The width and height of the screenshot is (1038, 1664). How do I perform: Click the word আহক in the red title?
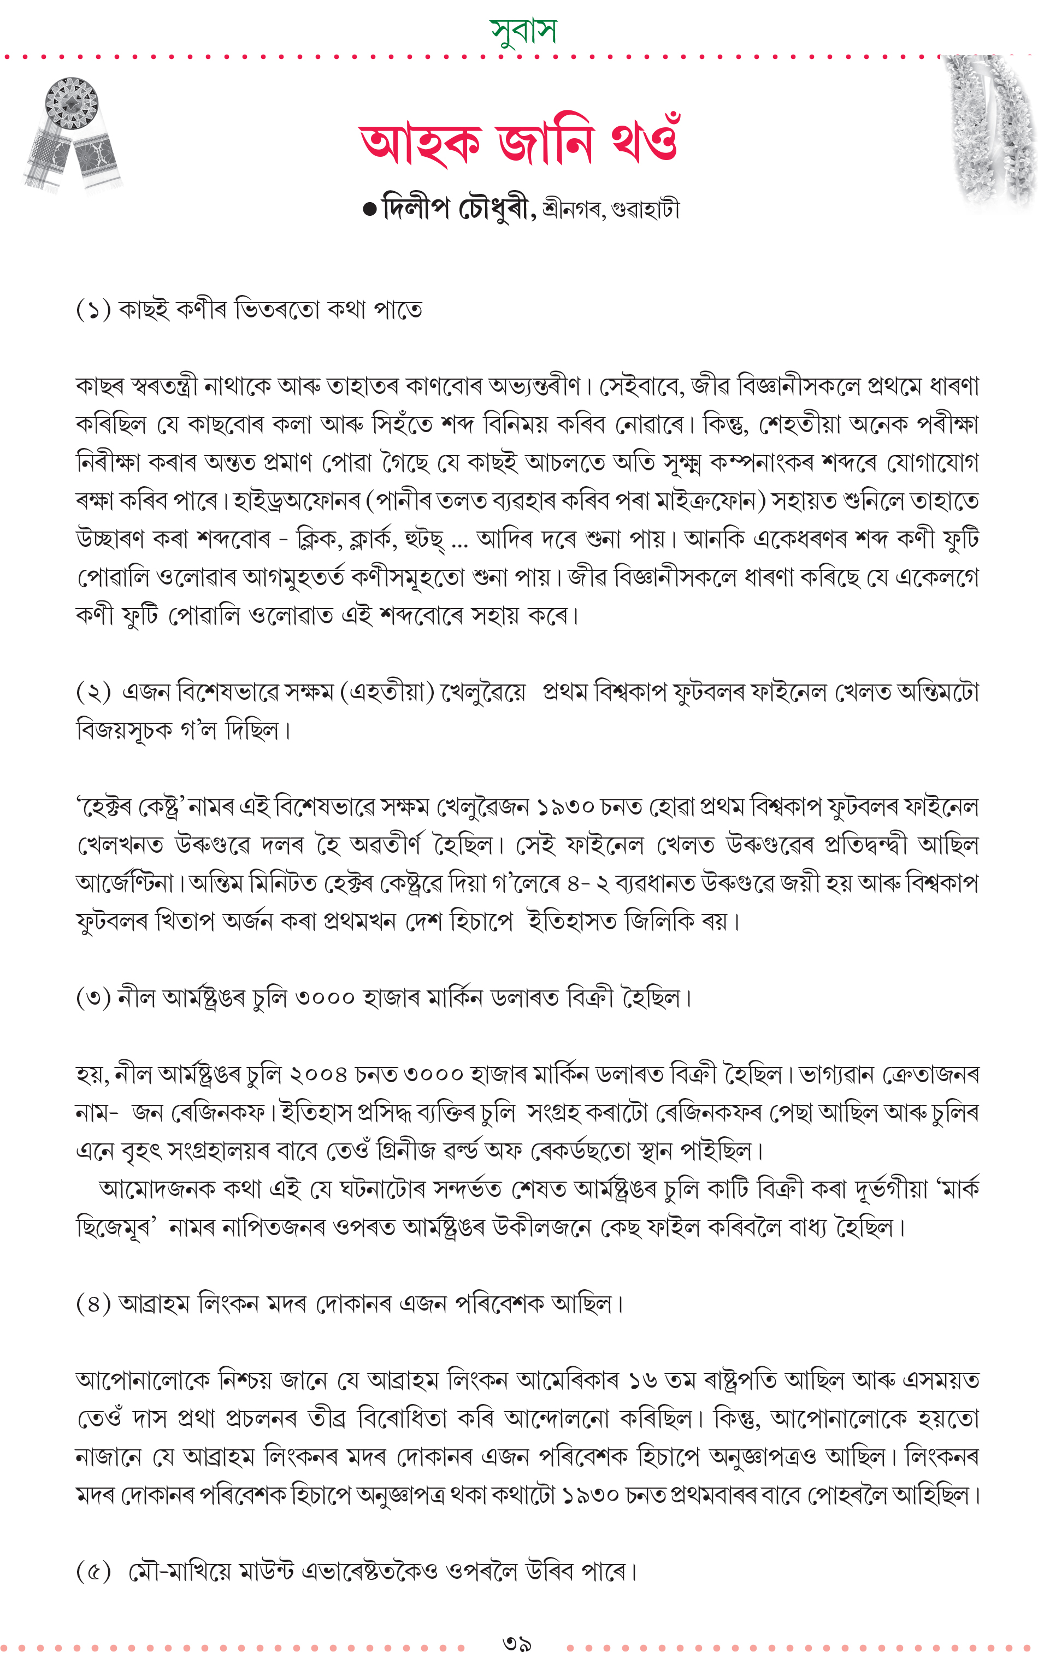point(420,144)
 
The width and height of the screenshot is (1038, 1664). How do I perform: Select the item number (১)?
point(93,310)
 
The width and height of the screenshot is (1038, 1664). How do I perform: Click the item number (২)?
point(93,691)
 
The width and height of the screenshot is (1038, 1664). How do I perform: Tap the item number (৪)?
point(93,1303)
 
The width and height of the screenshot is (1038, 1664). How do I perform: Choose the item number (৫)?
point(93,1571)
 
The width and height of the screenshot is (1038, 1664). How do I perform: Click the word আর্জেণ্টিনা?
point(125,883)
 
